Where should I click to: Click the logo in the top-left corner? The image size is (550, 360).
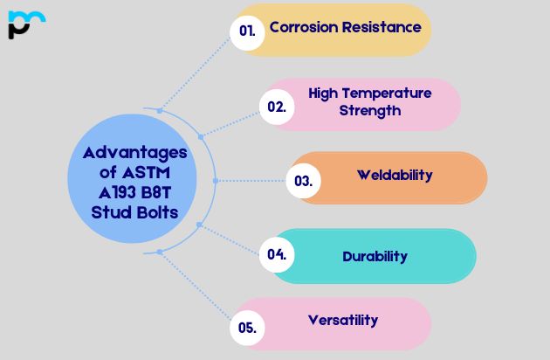click(25, 24)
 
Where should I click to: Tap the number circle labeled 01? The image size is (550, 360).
click(247, 31)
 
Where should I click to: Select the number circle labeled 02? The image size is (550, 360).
click(277, 107)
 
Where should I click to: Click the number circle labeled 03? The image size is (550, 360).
click(304, 181)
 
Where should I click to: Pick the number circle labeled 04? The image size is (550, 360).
click(277, 255)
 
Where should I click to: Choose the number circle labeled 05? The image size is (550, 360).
click(247, 328)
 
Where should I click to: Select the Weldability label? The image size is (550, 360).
click(395, 175)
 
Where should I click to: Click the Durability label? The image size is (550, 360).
click(375, 256)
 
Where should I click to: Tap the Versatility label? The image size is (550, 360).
click(343, 320)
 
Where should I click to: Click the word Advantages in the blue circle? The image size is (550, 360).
click(134, 153)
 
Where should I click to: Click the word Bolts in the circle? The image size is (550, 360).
click(158, 212)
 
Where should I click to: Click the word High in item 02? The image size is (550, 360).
click(326, 93)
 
